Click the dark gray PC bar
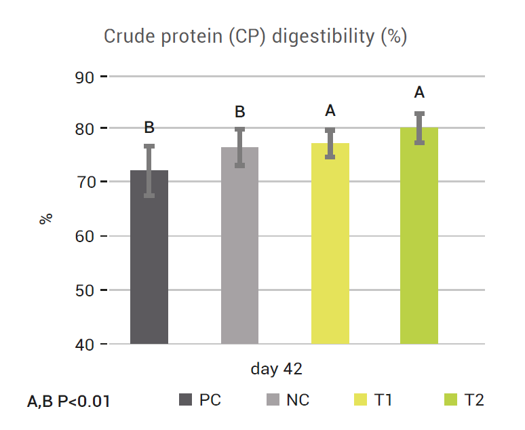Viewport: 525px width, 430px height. click(x=149, y=258)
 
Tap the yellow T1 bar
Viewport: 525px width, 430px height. click(x=330, y=244)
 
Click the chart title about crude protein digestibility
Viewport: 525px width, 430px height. click(x=255, y=36)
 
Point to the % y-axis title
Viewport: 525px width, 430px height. click(x=45, y=219)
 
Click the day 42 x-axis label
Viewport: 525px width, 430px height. click(x=276, y=370)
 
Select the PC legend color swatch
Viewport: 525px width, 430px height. click(x=184, y=400)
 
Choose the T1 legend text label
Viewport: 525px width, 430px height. click(x=383, y=400)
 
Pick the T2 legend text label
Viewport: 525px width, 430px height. click(x=474, y=400)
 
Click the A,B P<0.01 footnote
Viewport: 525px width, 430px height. click(x=69, y=402)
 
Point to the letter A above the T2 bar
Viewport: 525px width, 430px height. click(x=419, y=93)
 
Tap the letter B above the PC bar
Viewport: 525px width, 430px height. click(x=149, y=128)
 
